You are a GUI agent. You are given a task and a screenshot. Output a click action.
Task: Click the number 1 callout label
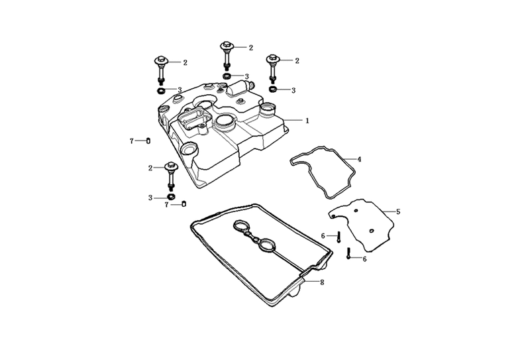307,121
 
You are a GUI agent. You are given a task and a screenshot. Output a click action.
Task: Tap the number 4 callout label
359,159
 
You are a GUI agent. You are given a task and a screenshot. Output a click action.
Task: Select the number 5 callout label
398,211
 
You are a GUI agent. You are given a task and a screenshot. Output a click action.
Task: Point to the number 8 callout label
322,282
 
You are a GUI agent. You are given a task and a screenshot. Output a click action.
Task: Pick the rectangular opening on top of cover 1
191,119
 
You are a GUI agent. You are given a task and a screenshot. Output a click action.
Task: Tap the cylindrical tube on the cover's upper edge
238,87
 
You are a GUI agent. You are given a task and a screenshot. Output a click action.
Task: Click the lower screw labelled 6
348,253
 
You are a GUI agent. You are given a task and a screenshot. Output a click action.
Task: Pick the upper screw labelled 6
339,236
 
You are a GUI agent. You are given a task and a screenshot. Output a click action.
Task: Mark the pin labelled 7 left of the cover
148,141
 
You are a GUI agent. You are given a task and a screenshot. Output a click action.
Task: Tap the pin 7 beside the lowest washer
184,204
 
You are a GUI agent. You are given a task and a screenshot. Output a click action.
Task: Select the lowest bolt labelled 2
171,176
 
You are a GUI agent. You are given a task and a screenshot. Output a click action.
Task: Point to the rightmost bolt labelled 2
272,69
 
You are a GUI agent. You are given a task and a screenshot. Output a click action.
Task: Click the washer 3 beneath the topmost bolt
227,76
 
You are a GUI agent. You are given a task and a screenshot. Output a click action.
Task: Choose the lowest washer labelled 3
172,197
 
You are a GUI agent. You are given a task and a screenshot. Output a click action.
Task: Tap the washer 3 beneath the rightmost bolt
273,90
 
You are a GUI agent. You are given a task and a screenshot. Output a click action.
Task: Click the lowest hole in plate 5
371,231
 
